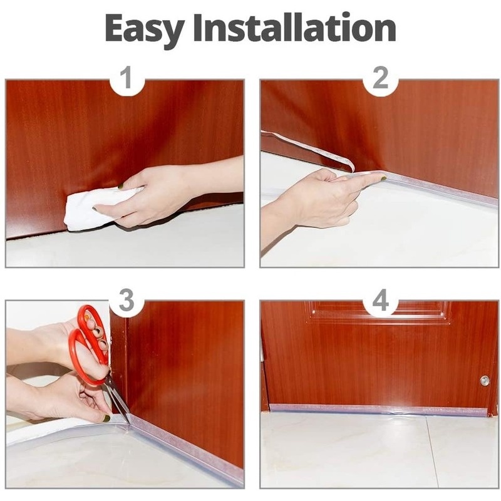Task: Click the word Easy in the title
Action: click(145, 29)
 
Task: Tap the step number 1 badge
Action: click(127, 79)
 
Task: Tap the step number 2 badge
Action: click(381, 79)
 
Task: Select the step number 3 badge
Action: click(127, 301)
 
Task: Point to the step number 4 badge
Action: click(381, 301)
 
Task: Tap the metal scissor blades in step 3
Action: click(119, 401)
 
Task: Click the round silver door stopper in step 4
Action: click(485, 381)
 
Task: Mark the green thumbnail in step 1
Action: click(121, 186)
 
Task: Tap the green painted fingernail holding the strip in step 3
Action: click(106, 418)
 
